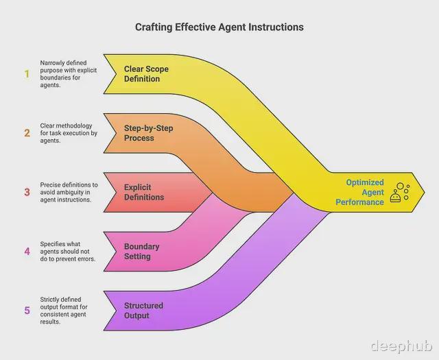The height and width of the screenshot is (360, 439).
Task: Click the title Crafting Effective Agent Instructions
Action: (219, 27)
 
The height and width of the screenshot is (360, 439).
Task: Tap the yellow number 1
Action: (27, 74)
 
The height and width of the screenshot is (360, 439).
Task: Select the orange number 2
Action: (27, 133)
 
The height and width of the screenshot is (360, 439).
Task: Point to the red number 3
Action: (27, 192)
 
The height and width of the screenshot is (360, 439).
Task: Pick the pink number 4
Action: (27, 251)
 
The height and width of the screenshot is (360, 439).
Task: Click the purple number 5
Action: (27, 310)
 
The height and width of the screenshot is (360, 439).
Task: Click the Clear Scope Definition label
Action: (146, 74)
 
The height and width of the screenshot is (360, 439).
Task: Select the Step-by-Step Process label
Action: (148, 133)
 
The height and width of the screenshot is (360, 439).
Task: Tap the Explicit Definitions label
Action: (144, 192)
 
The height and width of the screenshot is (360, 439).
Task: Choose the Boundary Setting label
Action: (142, 252)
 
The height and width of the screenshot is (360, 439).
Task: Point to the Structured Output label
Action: (143, 311)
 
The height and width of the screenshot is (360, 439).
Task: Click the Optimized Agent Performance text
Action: (359, 192)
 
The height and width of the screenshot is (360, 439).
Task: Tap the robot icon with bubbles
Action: (400, 193)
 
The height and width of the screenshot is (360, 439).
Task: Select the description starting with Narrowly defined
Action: (69, 74)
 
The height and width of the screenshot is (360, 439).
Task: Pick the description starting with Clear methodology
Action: (69, 133)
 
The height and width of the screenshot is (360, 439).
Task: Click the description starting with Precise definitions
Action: (69, 192)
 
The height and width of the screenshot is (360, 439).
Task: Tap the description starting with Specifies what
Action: (68, 252)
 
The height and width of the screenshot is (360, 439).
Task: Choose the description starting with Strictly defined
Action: (64, 311)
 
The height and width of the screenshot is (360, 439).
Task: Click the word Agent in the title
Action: (232, 27)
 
